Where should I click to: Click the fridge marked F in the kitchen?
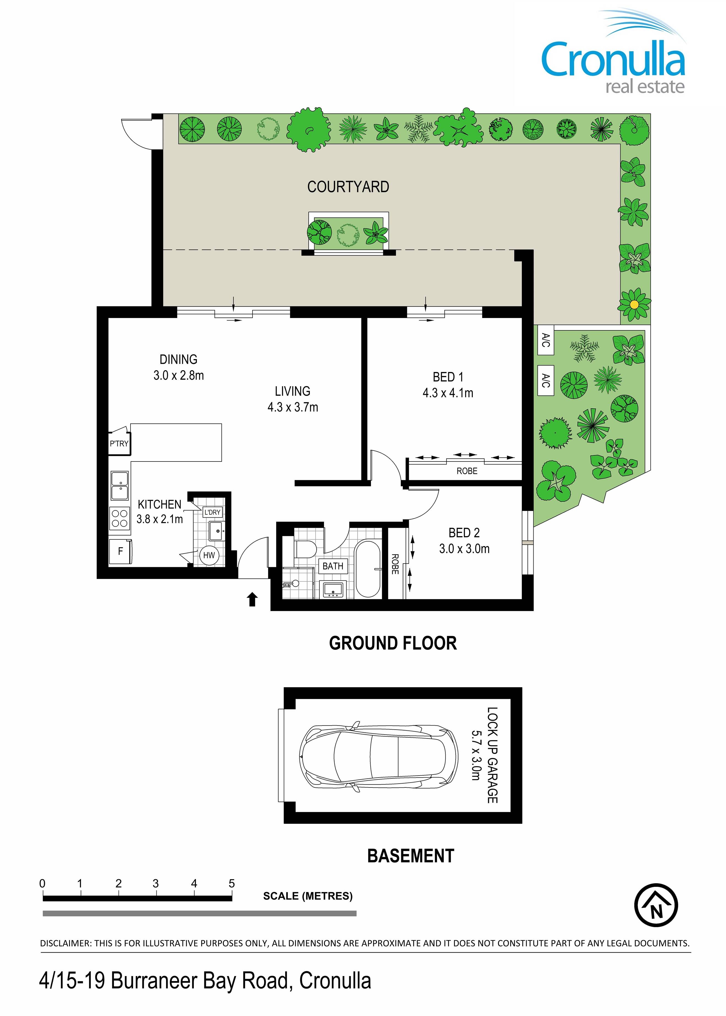click(x=120, y=552)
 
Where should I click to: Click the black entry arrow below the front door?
click(x=252, y=599)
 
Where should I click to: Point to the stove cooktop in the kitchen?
click(x=119, y=518)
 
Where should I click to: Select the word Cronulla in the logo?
click(x=613, y=59)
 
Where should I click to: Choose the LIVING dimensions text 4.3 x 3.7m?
click(x=293, y=407)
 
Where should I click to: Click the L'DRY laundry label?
click(x=212, y=512)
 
